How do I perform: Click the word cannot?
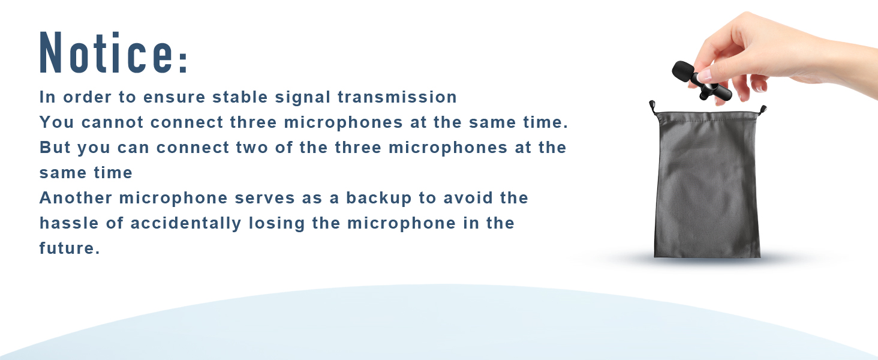[113, 122]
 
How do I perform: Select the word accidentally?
[186, 223]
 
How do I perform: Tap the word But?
[55, 148]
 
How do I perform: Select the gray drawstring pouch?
[708, 186]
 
